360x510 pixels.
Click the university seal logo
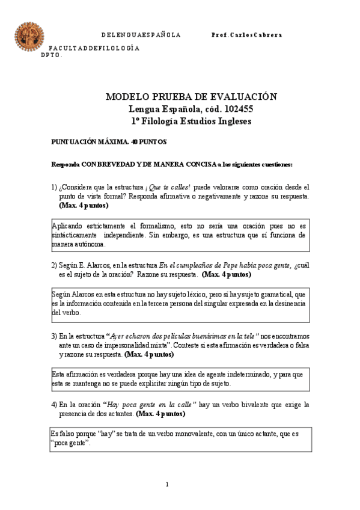point(29,36)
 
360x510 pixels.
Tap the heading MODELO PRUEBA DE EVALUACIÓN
point(191,97)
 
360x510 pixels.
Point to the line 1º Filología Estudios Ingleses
point(191,121)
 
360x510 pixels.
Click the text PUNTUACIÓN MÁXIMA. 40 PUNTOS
point(109,142)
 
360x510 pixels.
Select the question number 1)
point(54,187)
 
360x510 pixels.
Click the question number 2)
point(54,265)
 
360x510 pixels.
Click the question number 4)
point(54,405)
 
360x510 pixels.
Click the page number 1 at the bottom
point(168,484)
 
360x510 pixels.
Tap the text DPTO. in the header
point(52,55)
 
